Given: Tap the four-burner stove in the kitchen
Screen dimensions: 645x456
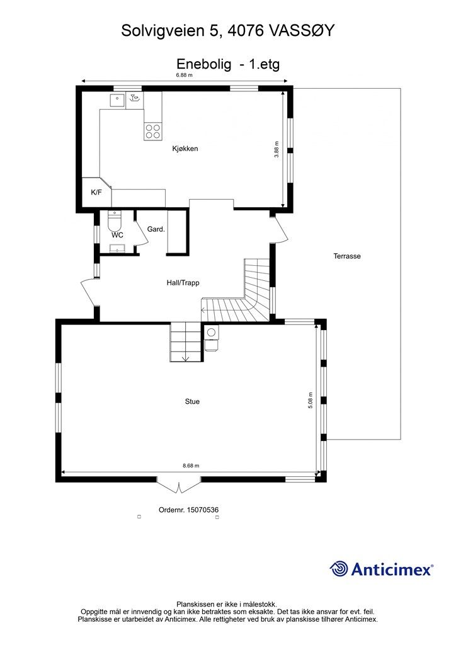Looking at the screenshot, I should click(153, 131).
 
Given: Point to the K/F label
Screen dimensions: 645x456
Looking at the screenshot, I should click(96, 192).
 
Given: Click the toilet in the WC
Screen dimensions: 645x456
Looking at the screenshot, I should click(114, 222).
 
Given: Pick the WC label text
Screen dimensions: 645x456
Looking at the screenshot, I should click(117, 235).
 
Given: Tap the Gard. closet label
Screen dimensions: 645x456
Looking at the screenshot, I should click(156, 229).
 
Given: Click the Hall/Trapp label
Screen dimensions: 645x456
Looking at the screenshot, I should click(183, 283).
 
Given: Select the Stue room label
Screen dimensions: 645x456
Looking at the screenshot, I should click(192, 401).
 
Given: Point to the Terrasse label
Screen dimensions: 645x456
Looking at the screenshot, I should click(347, 256).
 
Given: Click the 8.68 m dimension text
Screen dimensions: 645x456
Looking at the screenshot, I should click(191, 466).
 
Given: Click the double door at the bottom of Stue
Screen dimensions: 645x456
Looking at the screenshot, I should click(180, 486).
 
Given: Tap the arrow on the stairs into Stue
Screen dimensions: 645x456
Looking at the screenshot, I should click(185, 358).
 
